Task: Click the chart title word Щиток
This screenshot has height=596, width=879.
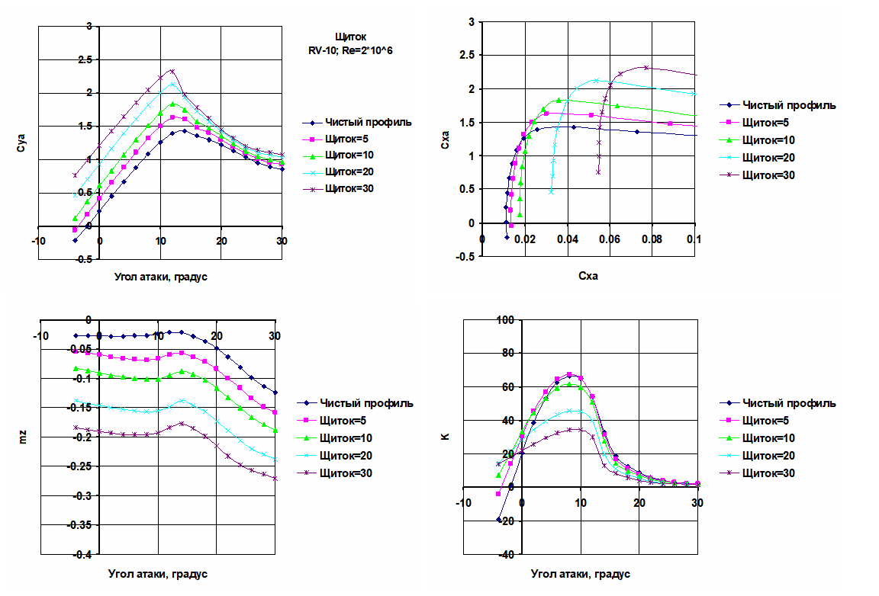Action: (x=350, y=36)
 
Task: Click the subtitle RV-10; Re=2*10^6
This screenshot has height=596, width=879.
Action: (x=350, y=50)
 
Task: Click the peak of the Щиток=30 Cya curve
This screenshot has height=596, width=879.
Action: (x=172, y=71)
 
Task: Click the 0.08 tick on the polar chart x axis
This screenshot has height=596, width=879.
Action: (x=651, y=238)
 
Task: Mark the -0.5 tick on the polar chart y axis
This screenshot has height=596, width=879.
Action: (x=465, y=257)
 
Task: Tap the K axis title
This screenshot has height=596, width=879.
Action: (x=446, y=437)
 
